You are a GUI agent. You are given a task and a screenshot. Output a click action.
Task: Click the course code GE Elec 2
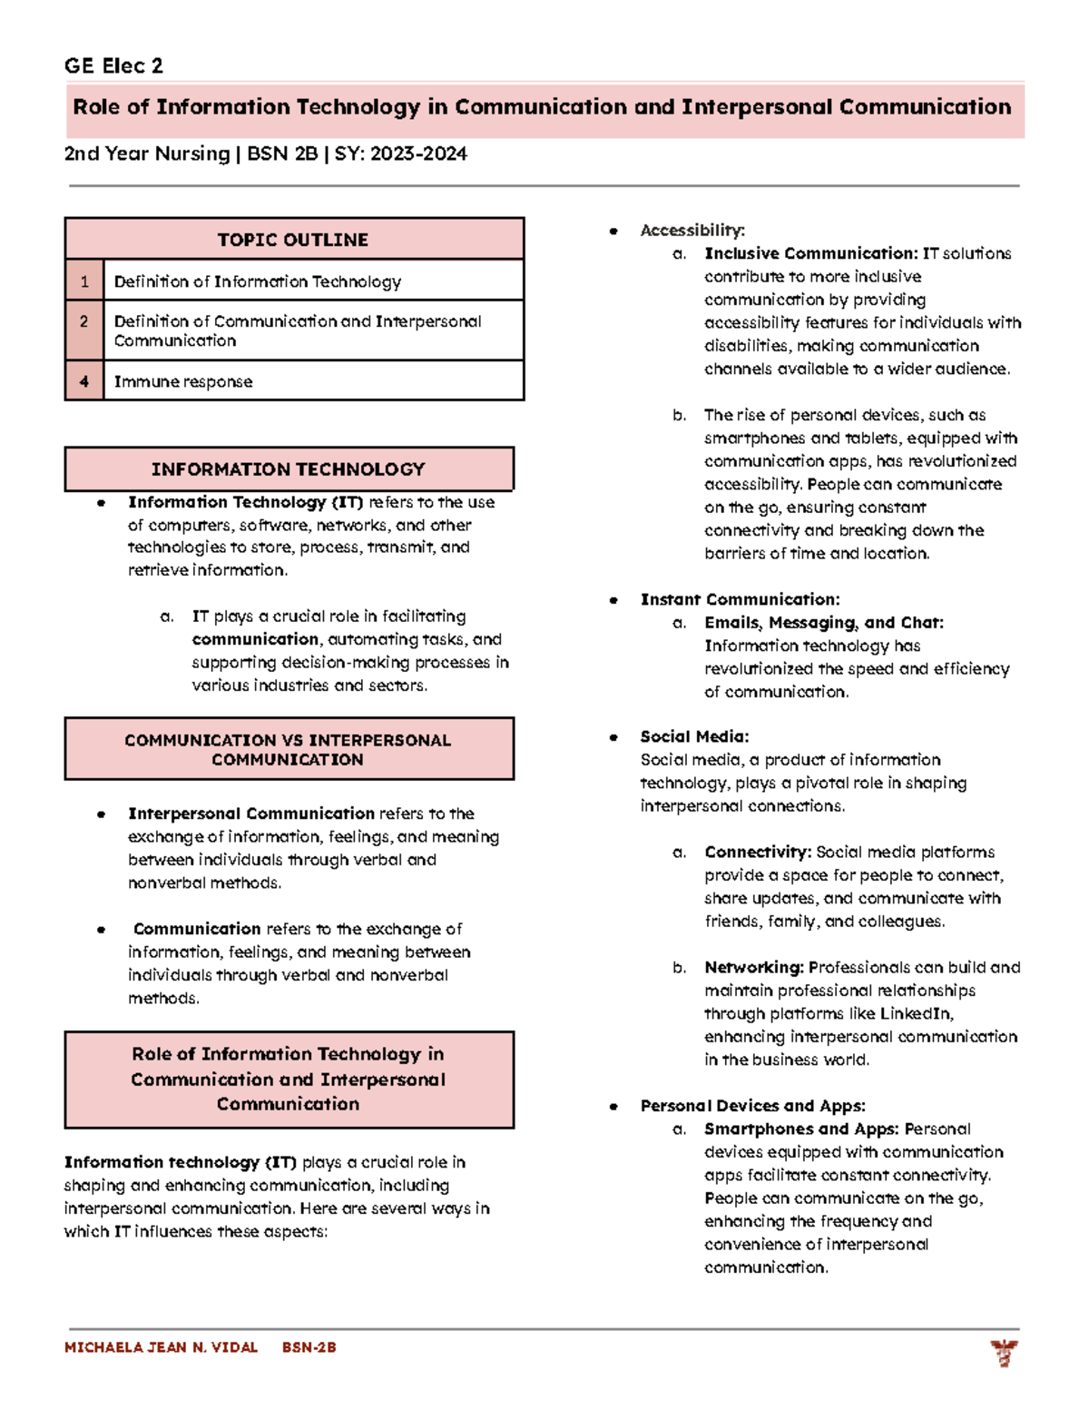[x=113, y=65]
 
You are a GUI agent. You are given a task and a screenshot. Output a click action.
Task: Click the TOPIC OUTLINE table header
[x=293, y=240]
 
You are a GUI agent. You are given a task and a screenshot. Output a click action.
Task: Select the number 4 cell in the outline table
[x=84, y=381]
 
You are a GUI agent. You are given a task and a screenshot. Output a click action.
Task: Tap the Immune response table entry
[x=183, y=382]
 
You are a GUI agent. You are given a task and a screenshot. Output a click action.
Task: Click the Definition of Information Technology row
[x=258, y=281]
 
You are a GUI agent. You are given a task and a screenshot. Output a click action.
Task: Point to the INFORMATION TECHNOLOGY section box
[x=289, y=469]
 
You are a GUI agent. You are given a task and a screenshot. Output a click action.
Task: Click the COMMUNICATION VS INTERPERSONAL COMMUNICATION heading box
[x=289, y=749]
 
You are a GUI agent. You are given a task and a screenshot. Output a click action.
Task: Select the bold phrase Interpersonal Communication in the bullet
[x=250, y=813]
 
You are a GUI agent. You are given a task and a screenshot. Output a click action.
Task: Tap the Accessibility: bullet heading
[x=692, y=231]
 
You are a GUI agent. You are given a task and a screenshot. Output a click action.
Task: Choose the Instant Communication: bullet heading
[x=740, y=599]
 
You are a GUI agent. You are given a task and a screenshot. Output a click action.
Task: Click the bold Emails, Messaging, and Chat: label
[x=823, y=623]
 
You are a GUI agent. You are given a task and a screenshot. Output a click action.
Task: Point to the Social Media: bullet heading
[x=694, y=736]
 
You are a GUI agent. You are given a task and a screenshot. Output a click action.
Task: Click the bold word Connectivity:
[x=758, y=852]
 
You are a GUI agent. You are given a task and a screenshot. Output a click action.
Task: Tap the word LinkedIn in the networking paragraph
[x=915, y=1013]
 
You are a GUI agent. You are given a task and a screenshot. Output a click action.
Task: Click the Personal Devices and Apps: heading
[x=752, y=1106]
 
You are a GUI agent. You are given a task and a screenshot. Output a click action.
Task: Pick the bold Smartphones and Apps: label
[x=801, y=1129]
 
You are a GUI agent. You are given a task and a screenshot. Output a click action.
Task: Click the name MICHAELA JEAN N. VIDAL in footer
[x=161, y=1347]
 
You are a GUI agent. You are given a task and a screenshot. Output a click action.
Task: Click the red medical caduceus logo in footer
[x=1004, y=1353]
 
